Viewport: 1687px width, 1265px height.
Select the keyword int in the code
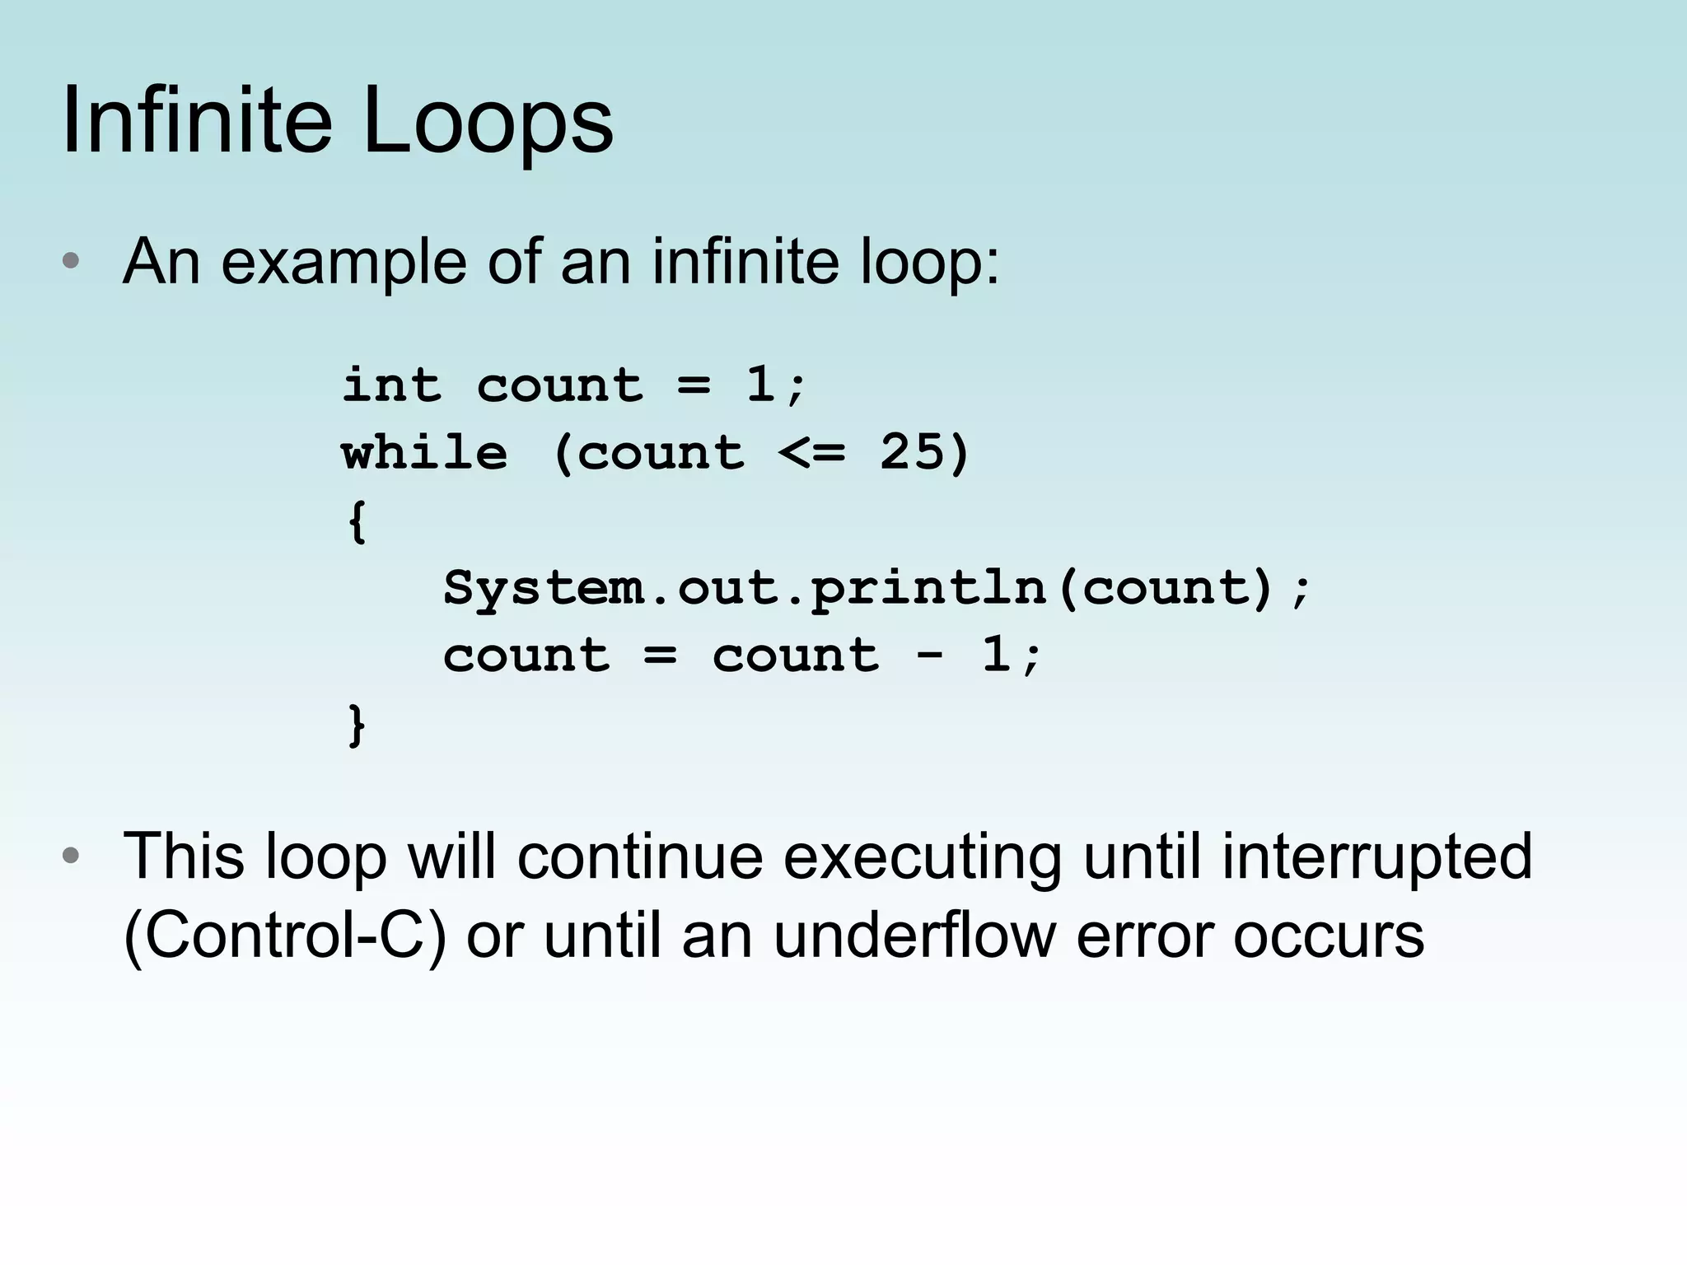[x=392, y=385]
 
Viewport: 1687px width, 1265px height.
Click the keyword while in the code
[x=425, y=452]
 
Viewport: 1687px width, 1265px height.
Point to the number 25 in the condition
[x=913, y=452]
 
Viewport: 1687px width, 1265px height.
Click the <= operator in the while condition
[x=811, y=452]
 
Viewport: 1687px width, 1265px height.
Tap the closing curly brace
[x=357, y=725]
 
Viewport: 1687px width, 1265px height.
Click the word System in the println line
[x=544, y=588]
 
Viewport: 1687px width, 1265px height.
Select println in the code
[x=928, y=588]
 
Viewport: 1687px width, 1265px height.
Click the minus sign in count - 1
[x=929, y=656]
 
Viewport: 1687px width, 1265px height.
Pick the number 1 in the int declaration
[x=760, y=385]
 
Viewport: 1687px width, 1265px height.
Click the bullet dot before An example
[x=71, y=262]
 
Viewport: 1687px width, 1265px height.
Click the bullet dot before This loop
[x=71, y=856]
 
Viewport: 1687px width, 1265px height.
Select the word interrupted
[x=1376, y=856]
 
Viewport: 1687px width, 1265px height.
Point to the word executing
[x=922, y=856]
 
